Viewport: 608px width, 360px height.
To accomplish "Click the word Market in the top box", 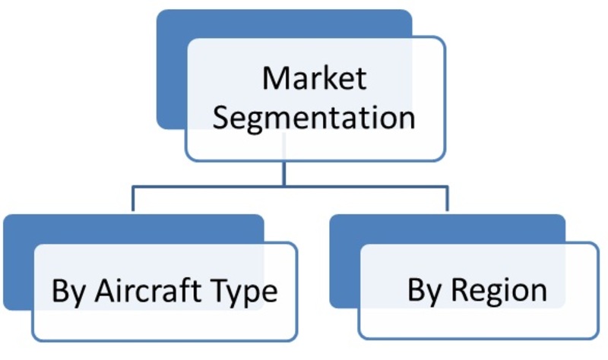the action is (315, 78).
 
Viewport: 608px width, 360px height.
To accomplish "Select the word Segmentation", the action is (314, 118).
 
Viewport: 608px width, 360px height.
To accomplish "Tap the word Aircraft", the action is (147, 290).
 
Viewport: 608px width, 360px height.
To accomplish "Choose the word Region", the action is (499, 292).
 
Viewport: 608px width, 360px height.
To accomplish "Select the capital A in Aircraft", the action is (106, 290).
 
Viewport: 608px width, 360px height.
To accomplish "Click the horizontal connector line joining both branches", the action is (290, 188).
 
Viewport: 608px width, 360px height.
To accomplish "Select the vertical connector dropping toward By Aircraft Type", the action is (133, 199).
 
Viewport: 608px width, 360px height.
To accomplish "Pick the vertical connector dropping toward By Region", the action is (447, 199).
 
